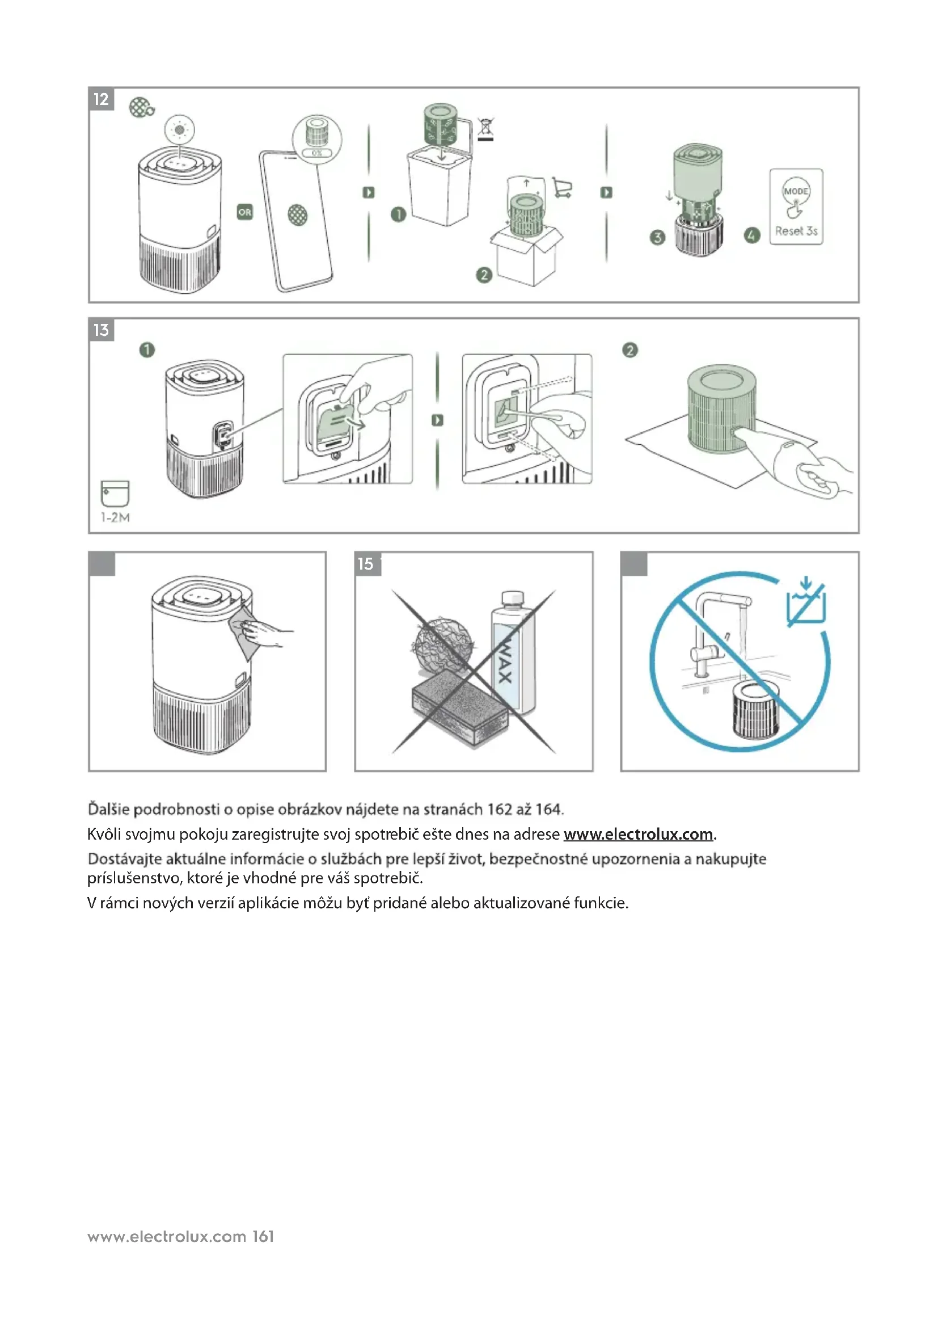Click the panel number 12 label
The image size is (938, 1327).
coord(101,99)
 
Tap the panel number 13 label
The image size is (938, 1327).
coord(101,330)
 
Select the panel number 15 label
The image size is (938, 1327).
coord(366,563)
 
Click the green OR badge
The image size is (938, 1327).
coord(245,212)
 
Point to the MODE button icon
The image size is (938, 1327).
coord(795,191)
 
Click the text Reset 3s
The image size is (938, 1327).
coord(796,231)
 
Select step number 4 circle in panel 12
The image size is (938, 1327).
coord(751,235)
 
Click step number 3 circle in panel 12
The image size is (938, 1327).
coord(657,237)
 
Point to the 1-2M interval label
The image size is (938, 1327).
coord(116,518)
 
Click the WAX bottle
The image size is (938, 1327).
coord(513,653)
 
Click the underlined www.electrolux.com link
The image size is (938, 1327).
coord(638,834)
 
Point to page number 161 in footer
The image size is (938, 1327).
coord(263,1236)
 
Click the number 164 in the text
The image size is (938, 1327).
coord(548,809)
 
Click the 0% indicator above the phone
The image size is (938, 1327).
coord(317,153)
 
